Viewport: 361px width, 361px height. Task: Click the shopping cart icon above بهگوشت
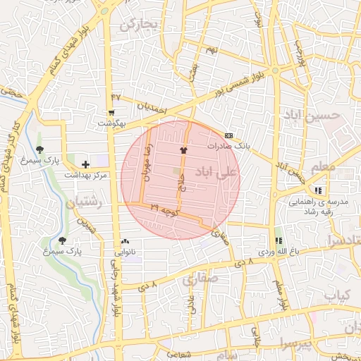click(111, 113)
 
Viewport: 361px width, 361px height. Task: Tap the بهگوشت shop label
click(111, 123)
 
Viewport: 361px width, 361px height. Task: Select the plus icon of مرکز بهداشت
click(86, 164)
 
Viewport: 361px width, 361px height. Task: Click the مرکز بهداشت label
click(87, 174)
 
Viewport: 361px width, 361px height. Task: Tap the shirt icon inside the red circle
click(184, 150)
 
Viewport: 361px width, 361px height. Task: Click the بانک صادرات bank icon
click(228, 135)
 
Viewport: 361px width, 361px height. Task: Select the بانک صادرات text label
click(229, 145)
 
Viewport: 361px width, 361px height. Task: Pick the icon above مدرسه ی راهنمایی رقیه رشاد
click(319, 190)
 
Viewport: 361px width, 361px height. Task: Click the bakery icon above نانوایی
click(126, 241)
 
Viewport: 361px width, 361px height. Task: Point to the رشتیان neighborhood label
click(86, 203)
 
